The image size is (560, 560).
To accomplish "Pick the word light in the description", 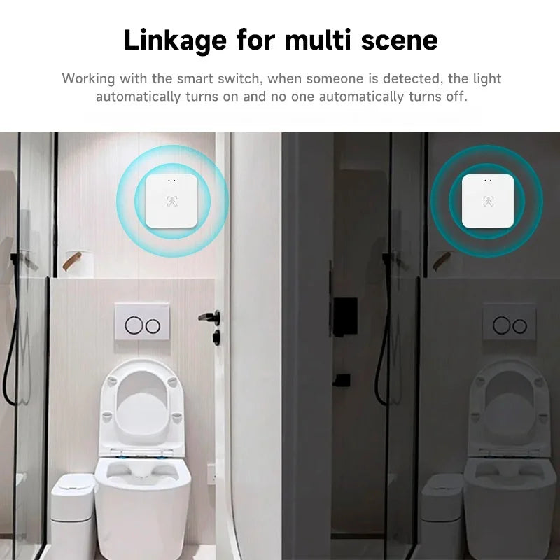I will (485, 78).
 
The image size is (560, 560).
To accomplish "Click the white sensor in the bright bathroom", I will (172, 200).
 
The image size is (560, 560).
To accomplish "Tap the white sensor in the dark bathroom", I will (488, 200).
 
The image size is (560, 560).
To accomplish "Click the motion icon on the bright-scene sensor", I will (172, 204).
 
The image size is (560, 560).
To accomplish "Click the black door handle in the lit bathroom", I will (210, 318).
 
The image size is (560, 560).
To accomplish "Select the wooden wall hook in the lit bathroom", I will (71, 261).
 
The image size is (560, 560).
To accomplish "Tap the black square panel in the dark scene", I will (345, 316).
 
